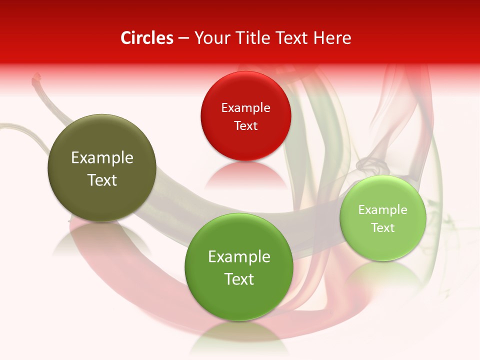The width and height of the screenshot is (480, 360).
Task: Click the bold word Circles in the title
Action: tap(147, 38)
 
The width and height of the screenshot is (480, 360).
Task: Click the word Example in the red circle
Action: tap(245, 108)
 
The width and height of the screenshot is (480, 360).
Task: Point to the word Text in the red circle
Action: tap(245, 126)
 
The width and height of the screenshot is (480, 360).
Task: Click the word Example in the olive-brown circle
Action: tap(102, 158)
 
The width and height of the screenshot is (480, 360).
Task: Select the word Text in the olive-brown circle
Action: tap(102, 180)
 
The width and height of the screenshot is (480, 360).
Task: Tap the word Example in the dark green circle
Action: tap(239, 257)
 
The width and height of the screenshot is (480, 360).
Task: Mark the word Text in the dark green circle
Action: tap(239, 279)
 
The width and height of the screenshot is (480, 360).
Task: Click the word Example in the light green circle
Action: tap(383, 210)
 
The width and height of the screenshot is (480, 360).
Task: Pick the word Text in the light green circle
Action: tap(383, 228)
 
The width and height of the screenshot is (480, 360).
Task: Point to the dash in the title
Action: tap(183, 38)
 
